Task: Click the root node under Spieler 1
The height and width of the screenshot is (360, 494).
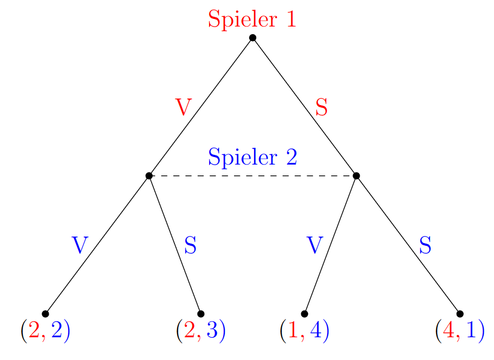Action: point(252,37)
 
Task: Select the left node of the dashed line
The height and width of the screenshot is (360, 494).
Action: point(149,175)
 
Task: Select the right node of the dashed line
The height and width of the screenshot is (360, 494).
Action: point(356,175)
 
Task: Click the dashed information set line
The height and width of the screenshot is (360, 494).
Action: point(252,175)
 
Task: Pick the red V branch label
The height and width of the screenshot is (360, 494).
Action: point(183,108)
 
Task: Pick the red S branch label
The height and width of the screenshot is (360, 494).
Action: point(322,108)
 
